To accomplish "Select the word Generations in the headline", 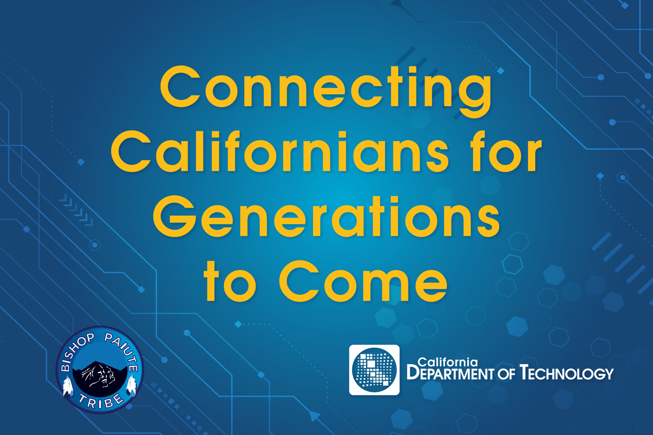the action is coord(326,216).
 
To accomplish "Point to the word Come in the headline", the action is coord(363,281).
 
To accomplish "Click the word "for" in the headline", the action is coord(506,151).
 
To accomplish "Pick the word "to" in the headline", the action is coord(230,281).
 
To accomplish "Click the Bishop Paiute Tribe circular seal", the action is coord(100,370).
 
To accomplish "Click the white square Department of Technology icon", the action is coord(374,370).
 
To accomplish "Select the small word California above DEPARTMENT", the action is coord(448,362).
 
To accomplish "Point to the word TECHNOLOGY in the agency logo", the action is coord(566,373).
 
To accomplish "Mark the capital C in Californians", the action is coord(131,151).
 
